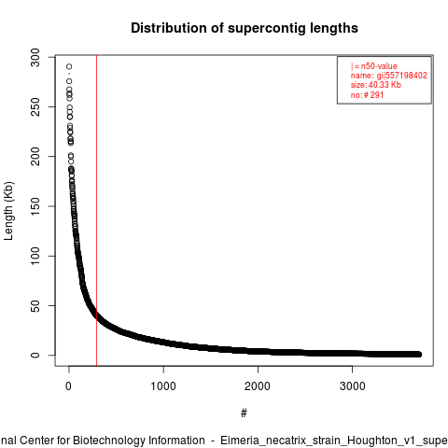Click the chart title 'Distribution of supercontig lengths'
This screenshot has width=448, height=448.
(x=245, y=28)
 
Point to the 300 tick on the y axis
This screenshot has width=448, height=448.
(x=35, y=57)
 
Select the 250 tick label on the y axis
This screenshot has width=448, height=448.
(x=35, y=106)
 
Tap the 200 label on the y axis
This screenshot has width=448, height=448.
(x=35, y=157)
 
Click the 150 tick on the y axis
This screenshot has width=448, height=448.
(x=35, y=206)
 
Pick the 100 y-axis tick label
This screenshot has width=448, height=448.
(x=35, y=256)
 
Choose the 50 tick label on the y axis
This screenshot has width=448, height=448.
(x=35, y=305)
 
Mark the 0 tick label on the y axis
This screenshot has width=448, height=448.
(x=35, y=355)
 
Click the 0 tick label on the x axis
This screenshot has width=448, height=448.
(x=68, y=386)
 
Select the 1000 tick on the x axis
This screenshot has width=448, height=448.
(x=163, y=386)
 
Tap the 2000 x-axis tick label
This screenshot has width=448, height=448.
(x=258, y=386)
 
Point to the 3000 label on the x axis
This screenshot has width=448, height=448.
(x=352, y=386)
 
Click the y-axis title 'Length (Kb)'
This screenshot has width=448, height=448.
(x=8, y=211)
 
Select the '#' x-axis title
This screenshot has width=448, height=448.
(x=244, y=413)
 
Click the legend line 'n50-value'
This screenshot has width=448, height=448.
(x=373, y=66)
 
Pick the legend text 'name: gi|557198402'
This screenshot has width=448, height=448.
(x=389, y=76)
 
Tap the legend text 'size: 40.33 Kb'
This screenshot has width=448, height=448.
(x=376, y=85)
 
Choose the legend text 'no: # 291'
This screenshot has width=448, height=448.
(x=367, y=94)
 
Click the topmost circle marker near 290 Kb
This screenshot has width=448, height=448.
(x=69, y=66)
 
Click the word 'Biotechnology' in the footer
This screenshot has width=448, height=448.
(x=108, y=441)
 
